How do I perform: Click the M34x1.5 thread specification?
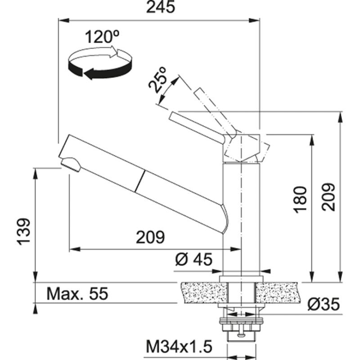pyautogui.click(x=179, y=347)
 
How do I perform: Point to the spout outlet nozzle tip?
pyautogui.click(x=68, y=163)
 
